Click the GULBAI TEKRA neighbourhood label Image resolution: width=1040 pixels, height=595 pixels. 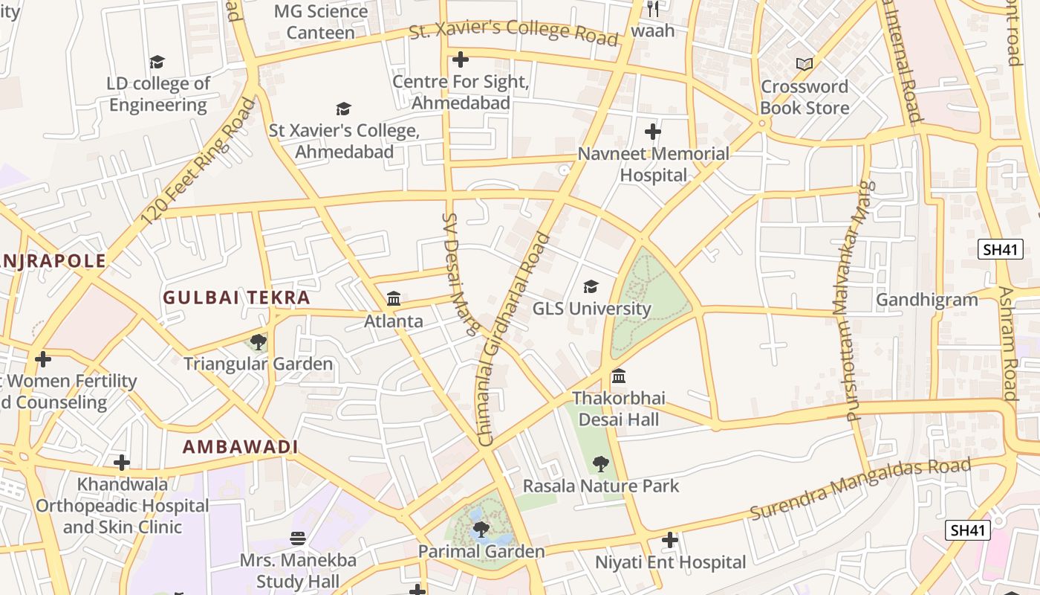click(x=236, y=297)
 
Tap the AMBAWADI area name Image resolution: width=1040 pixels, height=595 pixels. click(x=240, y=447)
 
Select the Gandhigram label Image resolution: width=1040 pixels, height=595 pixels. click(x=926, y=300)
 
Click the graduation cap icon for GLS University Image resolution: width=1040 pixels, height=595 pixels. click(x=591, y=286)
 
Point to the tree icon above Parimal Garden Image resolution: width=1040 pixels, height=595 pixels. click(x=481, y=530)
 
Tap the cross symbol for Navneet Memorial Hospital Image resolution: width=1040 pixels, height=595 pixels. click(x=653, y=132)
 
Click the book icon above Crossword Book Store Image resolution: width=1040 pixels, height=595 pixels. click(x=804, y=65)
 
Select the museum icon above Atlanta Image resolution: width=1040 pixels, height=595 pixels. click(x=394, y=299)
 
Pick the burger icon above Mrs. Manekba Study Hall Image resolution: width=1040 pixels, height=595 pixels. click(x=298, y=538)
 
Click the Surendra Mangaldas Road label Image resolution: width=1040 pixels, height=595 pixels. click(x=859, y=489)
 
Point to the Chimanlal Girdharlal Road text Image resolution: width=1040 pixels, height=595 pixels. click(x=513, y=339)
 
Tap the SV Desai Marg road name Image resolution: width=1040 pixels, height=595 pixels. click(x=461, y=274)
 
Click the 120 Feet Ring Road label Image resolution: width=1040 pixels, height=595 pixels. click(x=197, y=162)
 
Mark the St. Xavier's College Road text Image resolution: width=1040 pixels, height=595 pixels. click(x=513, y=32)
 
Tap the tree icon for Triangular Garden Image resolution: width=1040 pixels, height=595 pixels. click(x=258, y=342)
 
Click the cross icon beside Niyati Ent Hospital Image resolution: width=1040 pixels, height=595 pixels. click(x=670, y=540)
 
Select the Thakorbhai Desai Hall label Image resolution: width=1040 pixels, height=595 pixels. click(x=618, y=408)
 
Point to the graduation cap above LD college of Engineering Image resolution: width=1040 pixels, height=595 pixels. click(x=157, y=62)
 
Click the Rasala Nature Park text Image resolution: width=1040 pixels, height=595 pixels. click(x=600, y=486)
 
